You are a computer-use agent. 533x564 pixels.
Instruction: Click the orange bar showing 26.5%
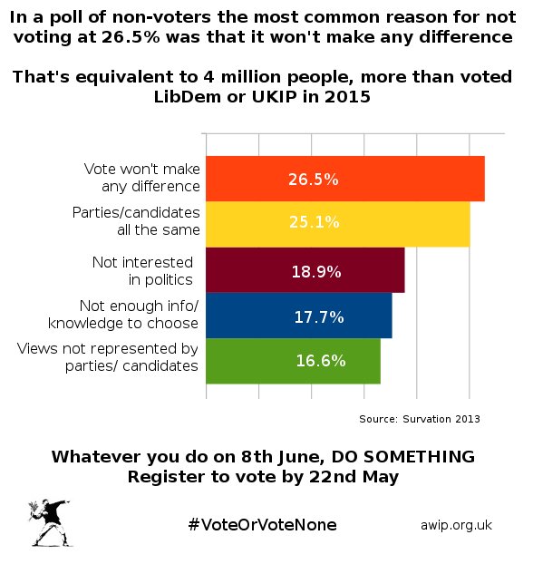coord(344,179)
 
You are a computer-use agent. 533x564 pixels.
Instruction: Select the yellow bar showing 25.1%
coord(337,224)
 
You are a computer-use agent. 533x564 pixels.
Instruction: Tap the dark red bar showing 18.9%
coord(305,270)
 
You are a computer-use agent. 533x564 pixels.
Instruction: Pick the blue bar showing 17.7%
coord(298,316)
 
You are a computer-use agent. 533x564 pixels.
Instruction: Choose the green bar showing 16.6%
coord(293,361)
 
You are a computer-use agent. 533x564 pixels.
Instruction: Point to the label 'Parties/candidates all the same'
coord(135,221)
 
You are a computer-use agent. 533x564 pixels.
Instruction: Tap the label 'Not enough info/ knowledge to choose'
coord(136,315)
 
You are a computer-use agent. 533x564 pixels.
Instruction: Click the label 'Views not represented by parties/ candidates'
coord(108,357)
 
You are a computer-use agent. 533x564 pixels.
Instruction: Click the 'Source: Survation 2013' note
coord(420,419)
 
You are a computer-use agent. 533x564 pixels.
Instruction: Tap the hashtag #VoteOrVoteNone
coord(262,526)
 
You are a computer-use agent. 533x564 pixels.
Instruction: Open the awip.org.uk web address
coord(456,526)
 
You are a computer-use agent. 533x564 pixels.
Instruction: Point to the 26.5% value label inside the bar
coord(314,180)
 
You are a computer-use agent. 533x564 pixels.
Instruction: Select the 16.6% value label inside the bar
coord(320,361)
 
